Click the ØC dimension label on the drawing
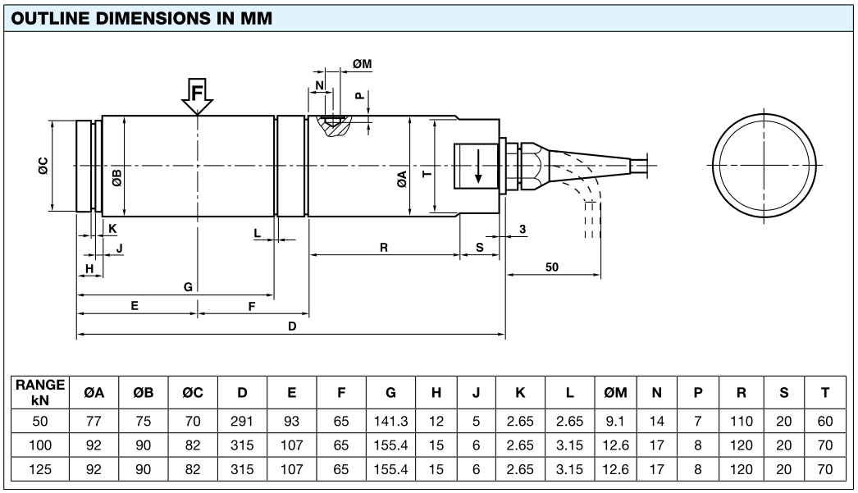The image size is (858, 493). (x=43, y=166)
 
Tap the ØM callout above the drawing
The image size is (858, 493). (x=362, y=64)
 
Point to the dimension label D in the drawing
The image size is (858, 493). (x=292, y=326)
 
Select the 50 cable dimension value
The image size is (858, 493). (x=552, y=267)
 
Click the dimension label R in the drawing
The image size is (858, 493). (x=383, y=247)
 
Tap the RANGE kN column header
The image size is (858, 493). (x=39, y=392)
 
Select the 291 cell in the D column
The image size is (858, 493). (x=242, y=422)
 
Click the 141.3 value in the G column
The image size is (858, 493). (x=390, y=422)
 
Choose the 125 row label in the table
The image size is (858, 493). (x=39, y=470)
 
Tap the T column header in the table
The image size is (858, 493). (x=824, y=393)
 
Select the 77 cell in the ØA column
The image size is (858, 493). (x=94, y=422)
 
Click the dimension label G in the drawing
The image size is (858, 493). (x=188, y=286)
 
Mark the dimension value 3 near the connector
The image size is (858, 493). (x=523, y=229)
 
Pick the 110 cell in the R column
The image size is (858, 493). (x=741, y=422)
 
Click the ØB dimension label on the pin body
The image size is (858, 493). (x=116, y=177)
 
